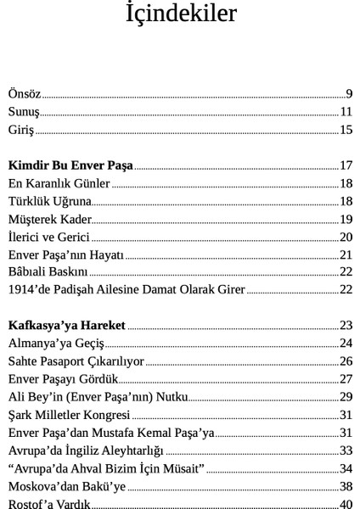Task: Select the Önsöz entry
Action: (x=25, y=92)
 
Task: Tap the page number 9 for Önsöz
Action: (x=349, y=92)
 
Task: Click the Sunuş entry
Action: (x=24, y=111)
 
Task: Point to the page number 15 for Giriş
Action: (x=346, y=130)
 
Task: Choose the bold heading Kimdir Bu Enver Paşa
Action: (x=70, y=165)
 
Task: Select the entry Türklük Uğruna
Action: (x=49, y=201)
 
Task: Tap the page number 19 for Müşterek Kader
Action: (x=346, y=219)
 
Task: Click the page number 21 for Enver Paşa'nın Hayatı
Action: (x=346, y=255)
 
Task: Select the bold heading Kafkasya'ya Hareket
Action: (x=66, y=325)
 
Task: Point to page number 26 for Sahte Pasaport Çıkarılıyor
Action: (x=346, y=361)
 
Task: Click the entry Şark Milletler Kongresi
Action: (x=69, y=415)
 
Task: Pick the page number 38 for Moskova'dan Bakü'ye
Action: (x=346, y=486)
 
